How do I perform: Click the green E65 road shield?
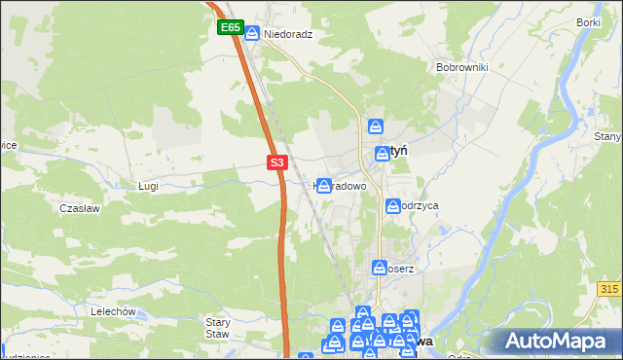(x=230, y=28)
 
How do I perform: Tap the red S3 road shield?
(x=277, y=162)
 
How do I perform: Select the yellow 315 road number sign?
(x=610, y=290)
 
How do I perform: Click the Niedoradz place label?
(x=287, y=33)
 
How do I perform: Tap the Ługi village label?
(x=148, y=185)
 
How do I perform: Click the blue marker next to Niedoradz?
(x=252, y=34)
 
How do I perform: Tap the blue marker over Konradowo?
(x=324, y=185)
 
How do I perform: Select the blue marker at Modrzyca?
(x=393, y=206)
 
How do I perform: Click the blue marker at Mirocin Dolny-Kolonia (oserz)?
(x=380, y=267)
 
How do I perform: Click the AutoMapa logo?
(x=556, y=341)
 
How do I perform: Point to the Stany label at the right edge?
(x=607, y=136)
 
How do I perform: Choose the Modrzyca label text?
(x=421, y=206)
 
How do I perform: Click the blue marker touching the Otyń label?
(x=383, y=153)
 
